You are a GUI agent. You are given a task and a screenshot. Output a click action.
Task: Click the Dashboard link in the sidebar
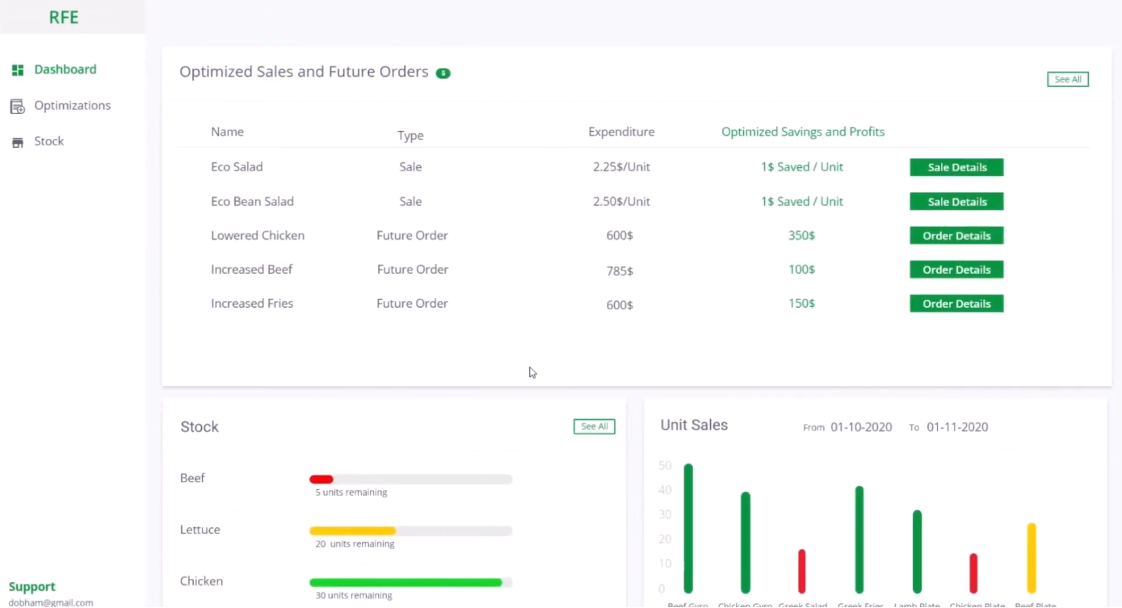[65, 69]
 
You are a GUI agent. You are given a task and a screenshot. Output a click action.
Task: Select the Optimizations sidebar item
[72, 106]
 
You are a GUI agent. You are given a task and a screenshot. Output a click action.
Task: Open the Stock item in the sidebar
[48, 141]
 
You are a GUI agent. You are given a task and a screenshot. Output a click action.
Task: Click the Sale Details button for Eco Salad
[956, 167]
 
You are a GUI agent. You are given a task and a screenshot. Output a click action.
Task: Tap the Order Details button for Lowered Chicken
[956, 236]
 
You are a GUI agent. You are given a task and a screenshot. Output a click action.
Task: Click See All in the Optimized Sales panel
[1067, 79]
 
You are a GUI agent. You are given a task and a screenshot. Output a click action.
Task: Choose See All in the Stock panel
[594, 426]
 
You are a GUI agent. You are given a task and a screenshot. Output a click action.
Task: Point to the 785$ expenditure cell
[620, 270]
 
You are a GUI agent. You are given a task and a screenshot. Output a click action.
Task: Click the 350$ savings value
[801, 236]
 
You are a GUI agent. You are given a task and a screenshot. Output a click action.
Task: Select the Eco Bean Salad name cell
[252, 202]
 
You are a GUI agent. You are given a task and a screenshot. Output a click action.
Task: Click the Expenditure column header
[621, 132]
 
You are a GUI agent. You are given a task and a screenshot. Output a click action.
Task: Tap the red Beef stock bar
[321, 480]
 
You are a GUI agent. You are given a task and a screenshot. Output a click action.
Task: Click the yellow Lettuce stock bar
[352, 531]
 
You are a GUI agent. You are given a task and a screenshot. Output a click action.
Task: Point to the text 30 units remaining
[354, 596]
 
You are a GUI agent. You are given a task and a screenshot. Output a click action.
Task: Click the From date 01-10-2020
[861, 427]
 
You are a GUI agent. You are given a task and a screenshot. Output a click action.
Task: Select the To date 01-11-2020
[957, 427]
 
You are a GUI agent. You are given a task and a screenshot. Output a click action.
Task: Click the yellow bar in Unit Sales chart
[1032, 558]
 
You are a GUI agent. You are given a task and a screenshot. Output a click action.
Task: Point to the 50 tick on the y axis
[665, 466]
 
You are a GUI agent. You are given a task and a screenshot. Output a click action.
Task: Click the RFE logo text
[64, 18]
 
